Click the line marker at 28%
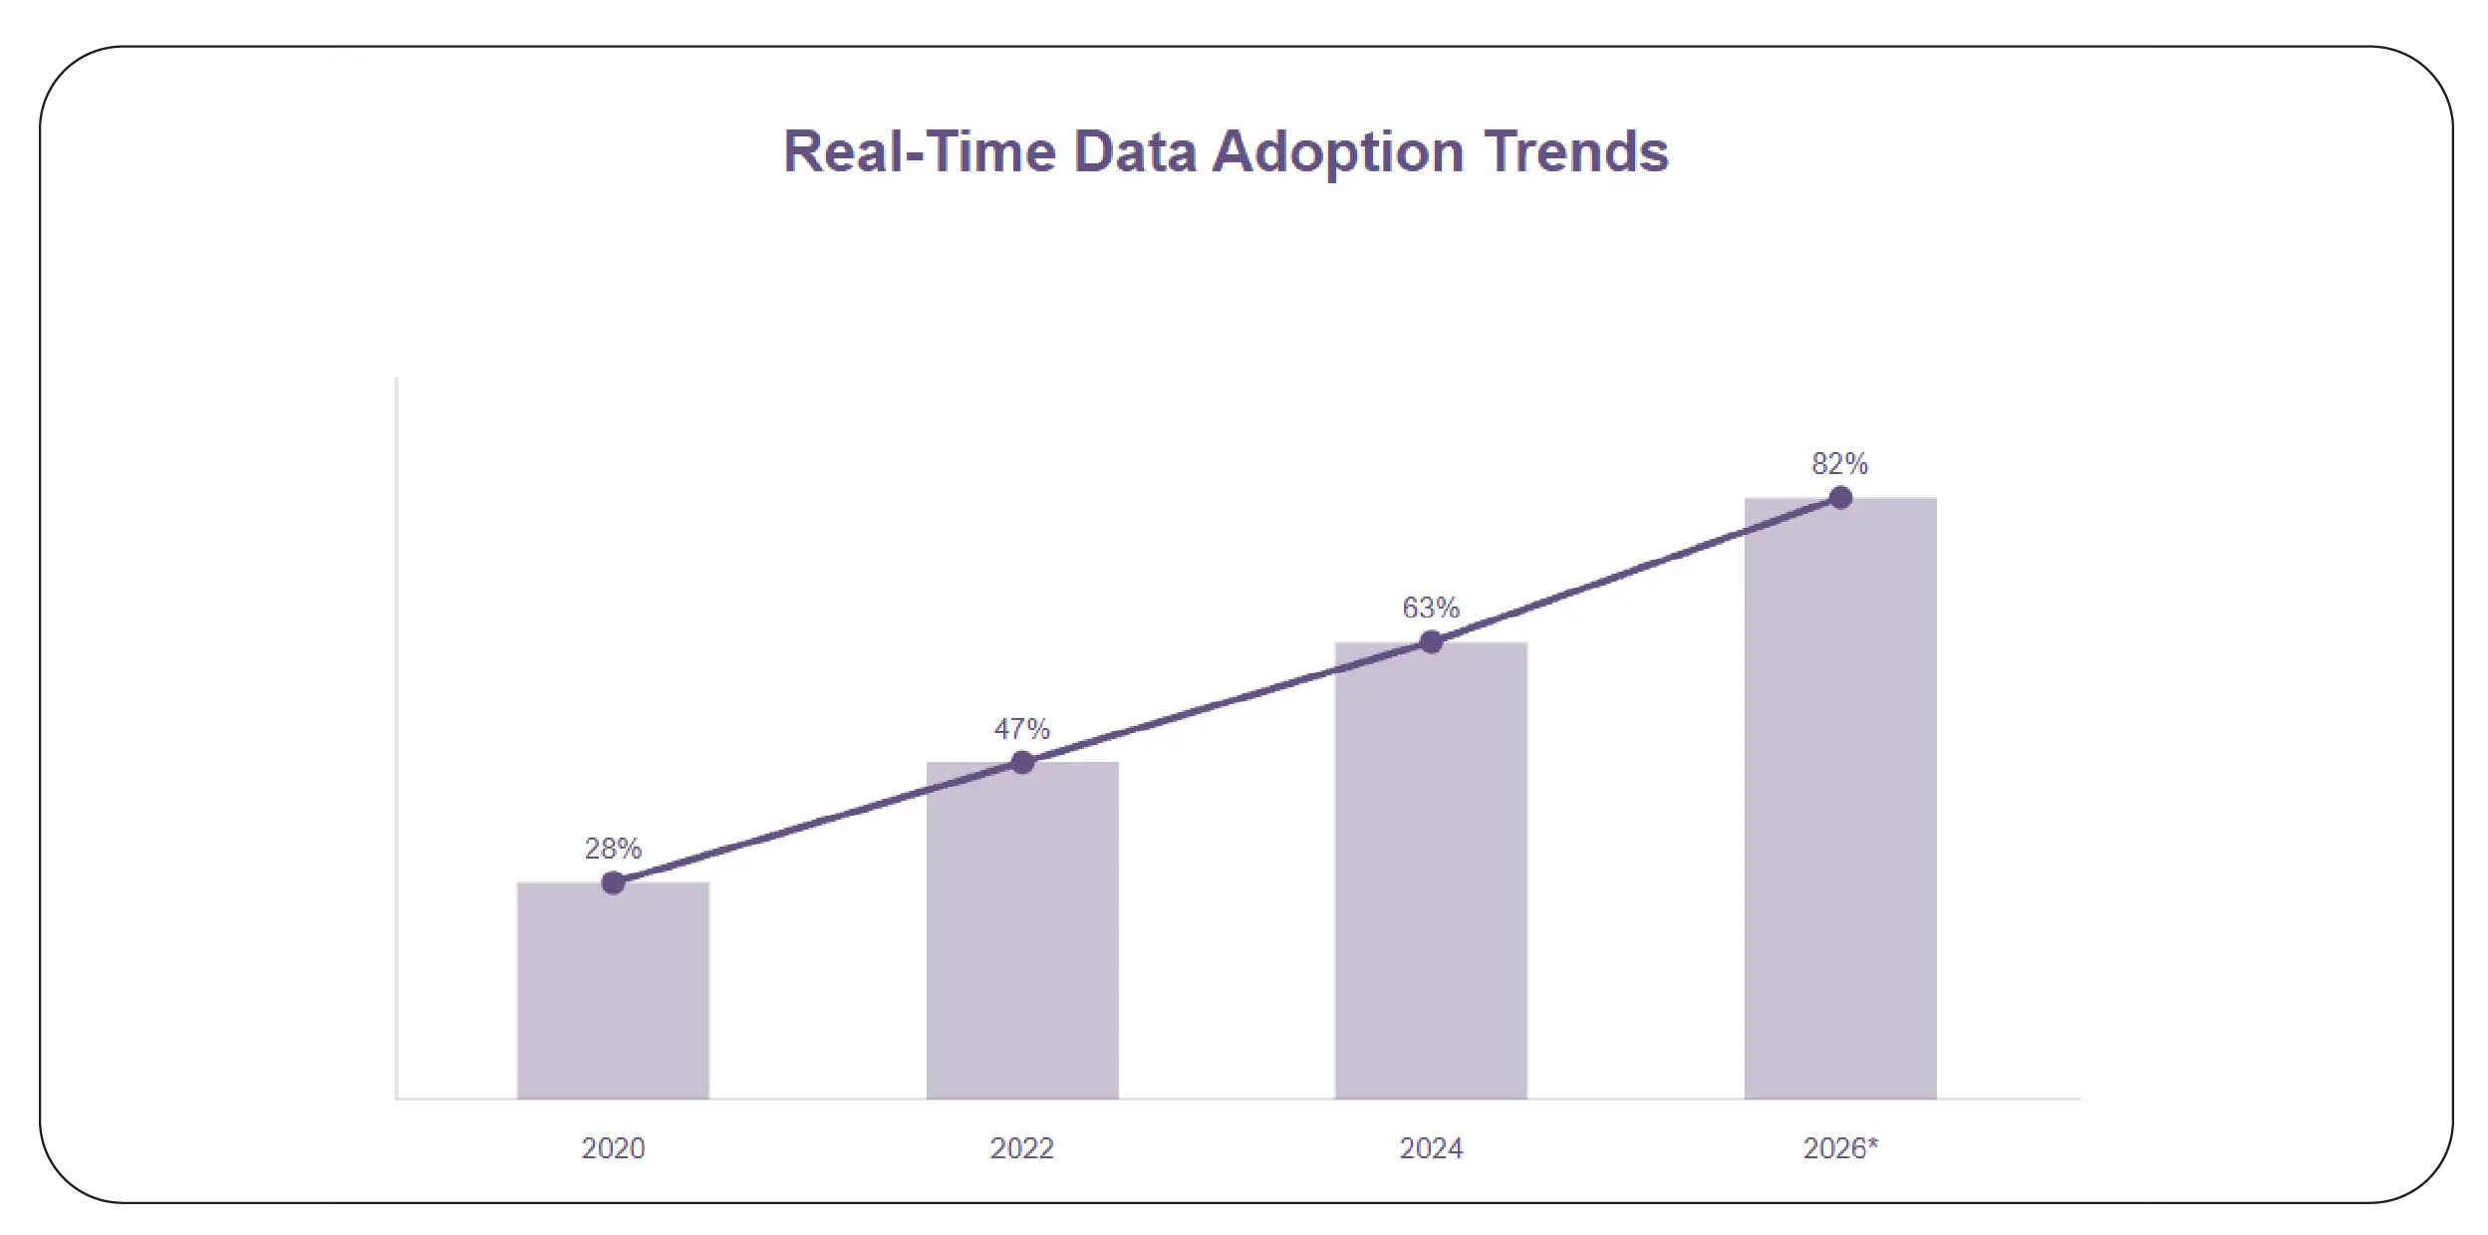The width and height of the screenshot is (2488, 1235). click(x=613, y=882)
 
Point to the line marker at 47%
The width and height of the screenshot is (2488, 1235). click(x=1022, y=763)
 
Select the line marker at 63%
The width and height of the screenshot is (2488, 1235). click(x=1431, y=642)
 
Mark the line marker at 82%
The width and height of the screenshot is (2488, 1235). click(x=1840, y=498)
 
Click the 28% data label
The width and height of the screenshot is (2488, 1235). click(x=613, y=849)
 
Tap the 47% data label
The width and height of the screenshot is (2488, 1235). click(x=1022, y=729)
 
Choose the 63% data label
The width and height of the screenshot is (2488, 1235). click(x=1431, y=608)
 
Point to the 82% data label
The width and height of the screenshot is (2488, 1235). click(x=1839, y=464)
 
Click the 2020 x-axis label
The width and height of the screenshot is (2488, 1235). click(x=613, y=1148)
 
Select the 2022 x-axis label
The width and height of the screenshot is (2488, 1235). click(x=1022, y=1148)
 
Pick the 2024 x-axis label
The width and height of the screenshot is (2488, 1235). click(x=1431, y=1148)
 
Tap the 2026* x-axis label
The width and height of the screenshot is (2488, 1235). click(x=1840, y=1148)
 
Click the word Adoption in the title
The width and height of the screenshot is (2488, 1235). click(x=1337, y=152)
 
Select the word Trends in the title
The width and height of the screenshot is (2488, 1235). click(x=1576, y=152)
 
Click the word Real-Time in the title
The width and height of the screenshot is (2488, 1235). click(x=919, y=152)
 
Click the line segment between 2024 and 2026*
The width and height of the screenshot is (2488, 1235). click(x=1636, y=571)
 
